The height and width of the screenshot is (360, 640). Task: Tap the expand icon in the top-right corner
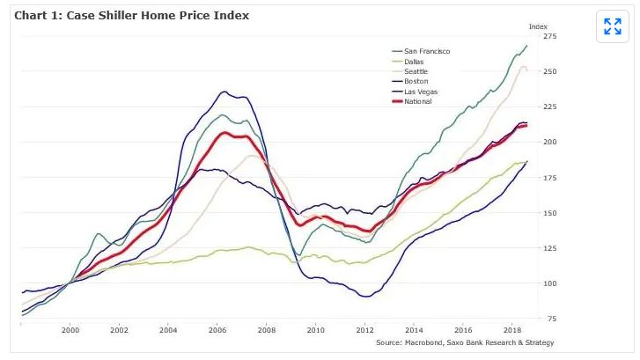pos(612,26)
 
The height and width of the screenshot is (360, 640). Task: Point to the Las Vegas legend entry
pos(420,92)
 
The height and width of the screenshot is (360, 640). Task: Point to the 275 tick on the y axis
pos(550,36)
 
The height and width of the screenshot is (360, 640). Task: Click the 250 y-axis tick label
pos(550,71)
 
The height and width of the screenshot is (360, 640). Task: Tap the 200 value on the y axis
pos(550,143)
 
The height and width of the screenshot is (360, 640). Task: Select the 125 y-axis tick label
pos(550,248)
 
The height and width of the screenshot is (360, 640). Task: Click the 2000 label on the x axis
pos(70,331)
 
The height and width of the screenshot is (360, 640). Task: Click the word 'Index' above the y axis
pos(537,26)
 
